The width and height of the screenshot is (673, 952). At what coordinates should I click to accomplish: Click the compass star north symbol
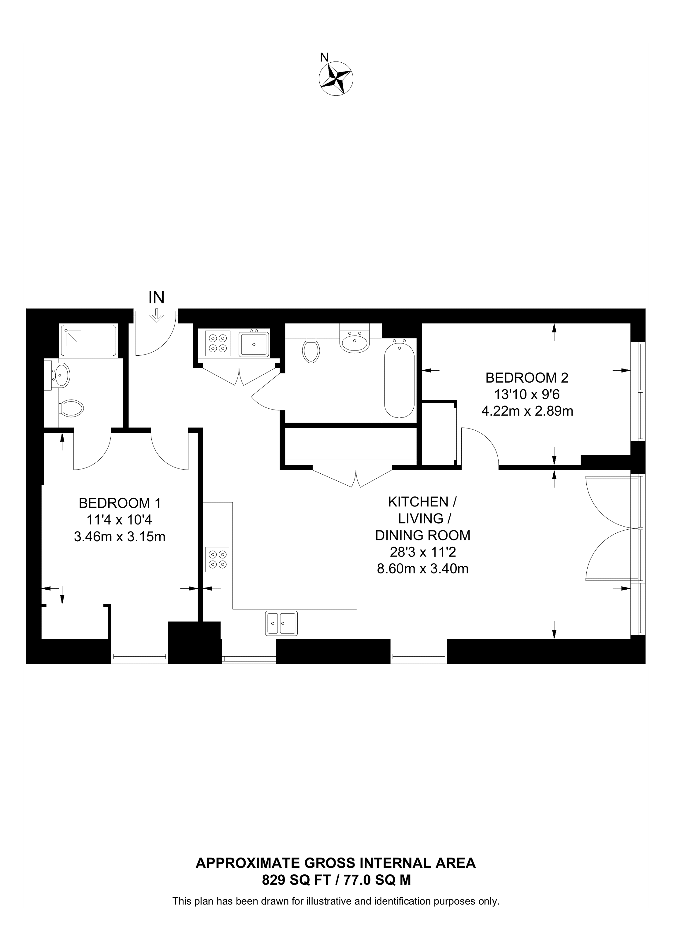click(x=336, y=78)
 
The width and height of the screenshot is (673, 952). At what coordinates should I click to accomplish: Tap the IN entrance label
click(x=156, y=297)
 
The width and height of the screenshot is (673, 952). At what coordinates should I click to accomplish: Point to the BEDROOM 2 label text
click(x=527, y=378)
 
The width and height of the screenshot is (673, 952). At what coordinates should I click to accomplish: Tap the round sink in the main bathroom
click(x=355, y=343)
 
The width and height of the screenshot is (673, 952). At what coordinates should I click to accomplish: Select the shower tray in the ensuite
click(x=88, y=341)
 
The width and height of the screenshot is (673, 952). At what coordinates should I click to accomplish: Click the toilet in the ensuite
click(x=71, y=408)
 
